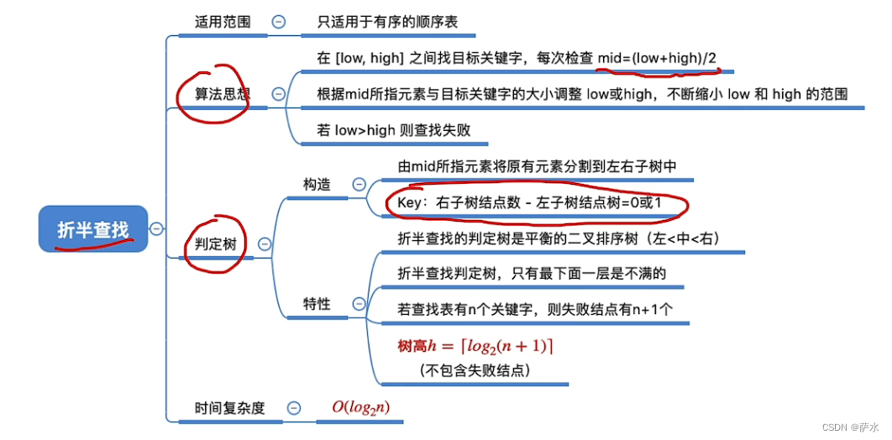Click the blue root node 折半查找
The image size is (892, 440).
point(92,229)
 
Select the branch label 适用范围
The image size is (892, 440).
point(223,23)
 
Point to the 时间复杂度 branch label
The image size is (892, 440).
point(229,408)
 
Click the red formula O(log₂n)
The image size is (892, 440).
point(360,407)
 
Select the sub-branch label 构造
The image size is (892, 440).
point(317,184)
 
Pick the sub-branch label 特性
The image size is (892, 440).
point(317,304)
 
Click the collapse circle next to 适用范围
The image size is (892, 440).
point(278,23)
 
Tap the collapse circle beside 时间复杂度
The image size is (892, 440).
point(293,408)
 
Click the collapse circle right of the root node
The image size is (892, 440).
point(155,228)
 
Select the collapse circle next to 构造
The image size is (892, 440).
point(359,184)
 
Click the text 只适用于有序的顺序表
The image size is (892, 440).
point(387,23)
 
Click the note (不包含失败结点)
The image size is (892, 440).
point(475,369)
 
